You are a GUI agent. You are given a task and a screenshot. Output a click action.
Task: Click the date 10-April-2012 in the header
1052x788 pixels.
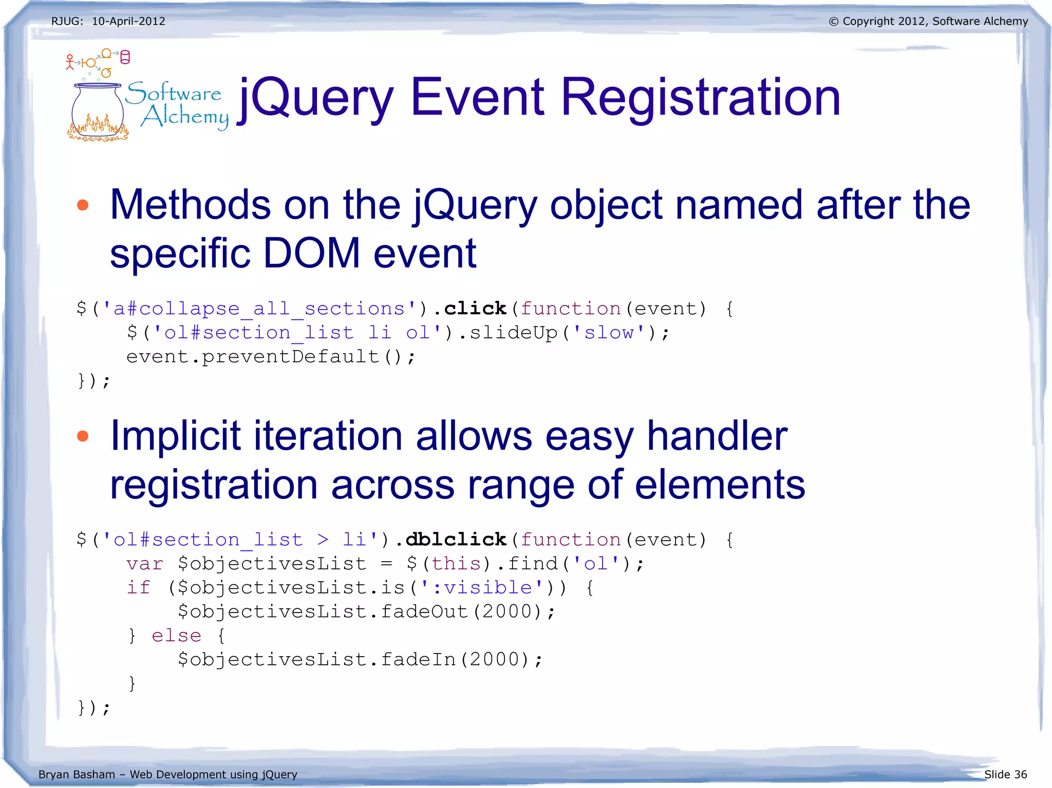(x=128, y=22)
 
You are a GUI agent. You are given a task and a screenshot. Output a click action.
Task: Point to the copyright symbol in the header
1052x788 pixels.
(x=833, y=22)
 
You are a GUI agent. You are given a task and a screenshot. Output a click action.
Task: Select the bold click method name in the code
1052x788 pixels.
(x=475, y=309)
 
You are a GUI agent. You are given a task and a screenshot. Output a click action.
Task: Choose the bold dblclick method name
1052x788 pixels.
(x=456, y=540)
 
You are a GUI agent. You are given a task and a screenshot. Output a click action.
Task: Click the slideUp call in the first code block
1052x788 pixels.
(x=513, y=333)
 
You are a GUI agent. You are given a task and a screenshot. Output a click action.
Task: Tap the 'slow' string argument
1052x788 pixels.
(x=609, y=333)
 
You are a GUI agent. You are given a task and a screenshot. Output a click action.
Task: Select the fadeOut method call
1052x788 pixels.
(x=424, y=611)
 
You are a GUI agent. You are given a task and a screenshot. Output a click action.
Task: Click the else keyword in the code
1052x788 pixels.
(x=176, y=636)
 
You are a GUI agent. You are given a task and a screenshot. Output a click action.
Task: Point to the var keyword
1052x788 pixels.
(x=145, y=564)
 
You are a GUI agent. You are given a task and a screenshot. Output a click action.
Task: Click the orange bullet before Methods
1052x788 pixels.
(x=83, y=206)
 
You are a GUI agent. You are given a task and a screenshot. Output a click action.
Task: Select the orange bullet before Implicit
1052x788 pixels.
(x=83, y=437)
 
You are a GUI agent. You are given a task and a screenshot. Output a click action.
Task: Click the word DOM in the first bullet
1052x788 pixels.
(x=311, y=253)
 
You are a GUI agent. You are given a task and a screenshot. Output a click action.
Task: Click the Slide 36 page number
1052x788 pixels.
(x=1005, y=774)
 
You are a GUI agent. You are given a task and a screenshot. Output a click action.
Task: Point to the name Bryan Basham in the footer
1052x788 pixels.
(x=77, y=774)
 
